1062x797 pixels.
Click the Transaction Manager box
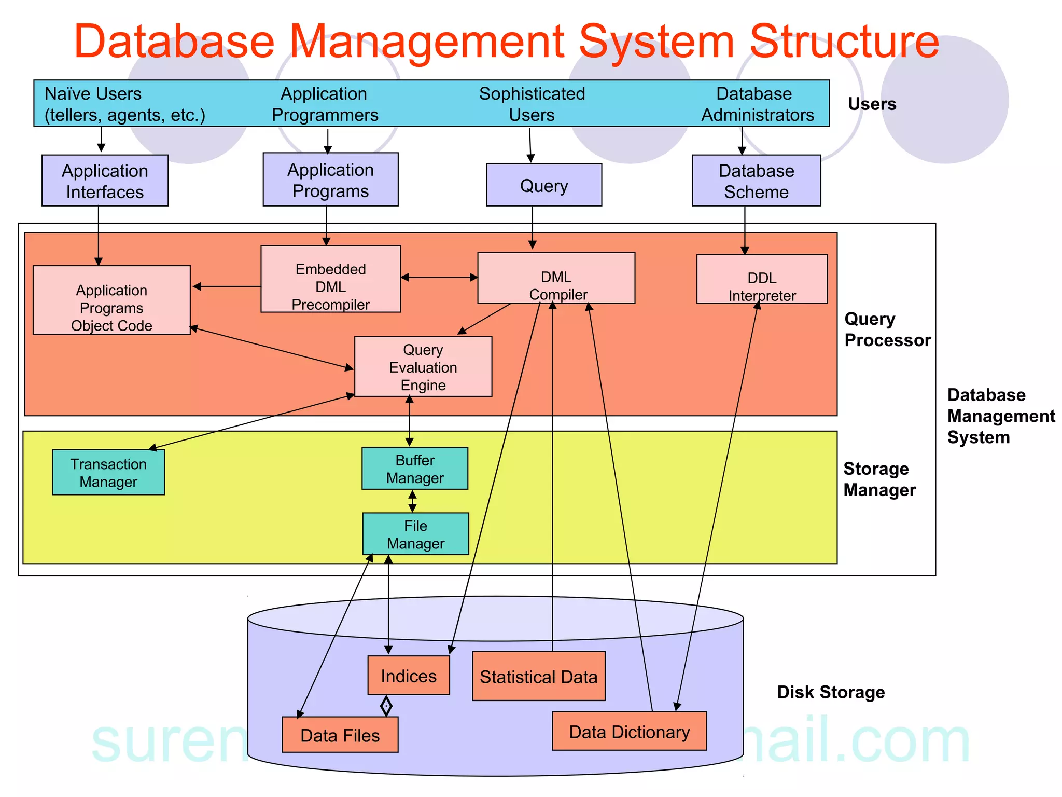pos(108,472)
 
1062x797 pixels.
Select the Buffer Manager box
pos(415,469)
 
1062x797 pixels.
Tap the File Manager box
pos(415,534)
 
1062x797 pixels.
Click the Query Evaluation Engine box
pos(423,367)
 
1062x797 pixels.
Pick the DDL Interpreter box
pos(761,279)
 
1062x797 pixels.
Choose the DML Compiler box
pos(556,278)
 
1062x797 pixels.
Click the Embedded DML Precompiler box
pos(330,279)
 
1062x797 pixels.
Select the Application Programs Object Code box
pos(111,300)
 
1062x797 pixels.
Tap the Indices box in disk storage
pos(409,675)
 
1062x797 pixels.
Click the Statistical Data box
pos(538,676)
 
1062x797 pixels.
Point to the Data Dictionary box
pos(629,731)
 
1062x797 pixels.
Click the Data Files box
pos(340,735)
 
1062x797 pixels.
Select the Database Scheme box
pos(756,181)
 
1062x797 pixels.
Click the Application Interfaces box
pos(105,181)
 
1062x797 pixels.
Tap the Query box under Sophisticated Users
pos(544,185)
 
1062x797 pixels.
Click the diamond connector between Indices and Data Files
pos(386,706)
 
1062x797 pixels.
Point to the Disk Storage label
pos(830,692)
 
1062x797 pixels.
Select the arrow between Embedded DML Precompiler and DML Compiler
pos(439,278)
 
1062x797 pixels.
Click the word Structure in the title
pos(844,42)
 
